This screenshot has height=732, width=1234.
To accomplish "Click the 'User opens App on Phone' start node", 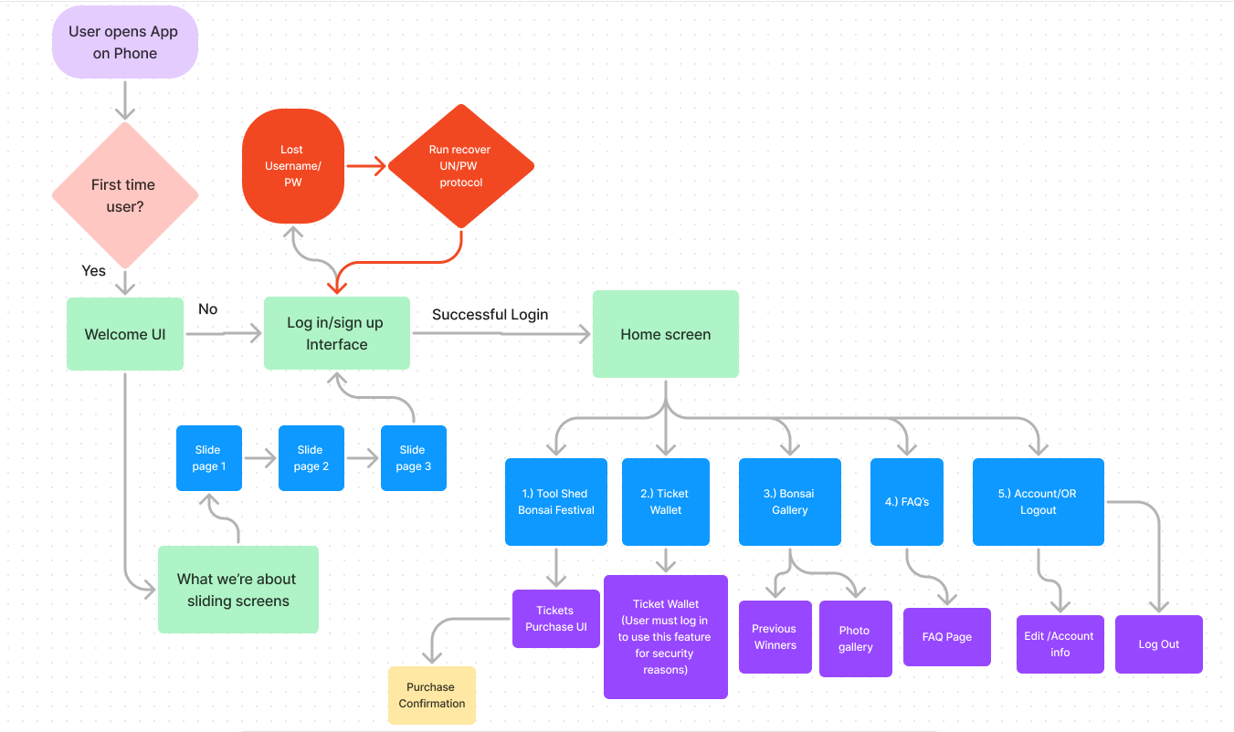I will (x=125, y=42).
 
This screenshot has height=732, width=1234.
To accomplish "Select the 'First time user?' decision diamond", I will (x=125, y=195).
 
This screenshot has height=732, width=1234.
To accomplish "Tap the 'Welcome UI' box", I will (x=125, y=334).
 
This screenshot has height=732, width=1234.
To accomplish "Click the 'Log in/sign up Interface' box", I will (x=337, y=333).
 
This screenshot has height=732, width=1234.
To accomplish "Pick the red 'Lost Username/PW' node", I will (x=292, y=165).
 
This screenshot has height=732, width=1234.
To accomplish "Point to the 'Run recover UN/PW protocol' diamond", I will (x=460, y=165).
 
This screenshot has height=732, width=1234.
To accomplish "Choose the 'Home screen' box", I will (x=665, y=334).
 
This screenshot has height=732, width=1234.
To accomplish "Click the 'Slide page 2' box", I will (x=311, y=457).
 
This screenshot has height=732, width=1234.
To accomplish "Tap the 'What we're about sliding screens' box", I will (x=237, y=590).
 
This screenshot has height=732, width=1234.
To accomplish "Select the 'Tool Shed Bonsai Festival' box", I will (x=555, y=502).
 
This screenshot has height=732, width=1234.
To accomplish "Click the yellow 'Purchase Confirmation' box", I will (x=431, y=695).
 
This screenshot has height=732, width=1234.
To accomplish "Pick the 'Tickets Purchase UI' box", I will (x=555, y=619).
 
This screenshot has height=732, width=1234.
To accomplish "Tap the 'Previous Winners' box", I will (x=775, y=637).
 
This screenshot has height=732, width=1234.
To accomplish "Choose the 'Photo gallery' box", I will (x=855, y=639).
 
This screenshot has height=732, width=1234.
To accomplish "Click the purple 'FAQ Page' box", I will (x=946, y=637).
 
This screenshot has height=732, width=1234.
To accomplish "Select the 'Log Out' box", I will (x=1158, y=644).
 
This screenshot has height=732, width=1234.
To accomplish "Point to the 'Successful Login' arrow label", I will (x=490, y=315).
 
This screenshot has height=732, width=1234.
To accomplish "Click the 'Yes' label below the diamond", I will (x=94, y=271).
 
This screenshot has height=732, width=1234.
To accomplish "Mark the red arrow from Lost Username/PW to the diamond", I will (x=365, y=166).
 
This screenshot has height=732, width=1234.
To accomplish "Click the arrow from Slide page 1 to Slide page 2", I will (x=260, y=458).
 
